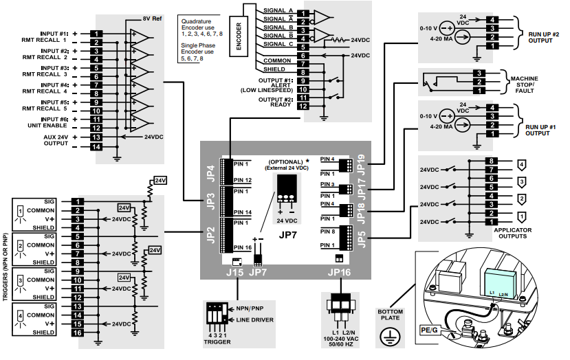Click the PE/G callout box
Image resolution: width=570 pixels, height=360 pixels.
tap(428, 330)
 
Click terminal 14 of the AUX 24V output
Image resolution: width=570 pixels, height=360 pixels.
tap(96, 147)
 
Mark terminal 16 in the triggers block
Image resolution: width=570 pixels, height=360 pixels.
tap(78, 333)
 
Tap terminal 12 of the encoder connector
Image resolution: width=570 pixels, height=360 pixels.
tap(303, 106)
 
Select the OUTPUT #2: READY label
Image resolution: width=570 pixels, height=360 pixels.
tap(276, 102)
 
